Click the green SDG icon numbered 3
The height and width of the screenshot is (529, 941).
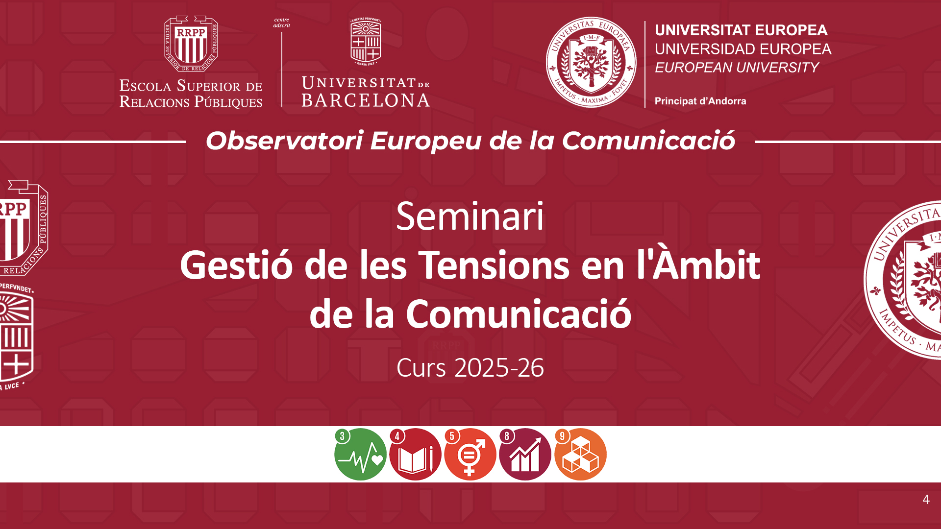click(360, 454)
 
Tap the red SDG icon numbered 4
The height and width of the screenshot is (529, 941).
click(415, 454)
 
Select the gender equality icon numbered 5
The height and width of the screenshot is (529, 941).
click(470, 454)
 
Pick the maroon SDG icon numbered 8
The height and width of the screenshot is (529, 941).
click(525, 454)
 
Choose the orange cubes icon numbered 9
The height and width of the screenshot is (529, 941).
click(580, 454)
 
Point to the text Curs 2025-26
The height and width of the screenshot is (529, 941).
click(470, 367)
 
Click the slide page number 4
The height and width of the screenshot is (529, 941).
click(926, 499)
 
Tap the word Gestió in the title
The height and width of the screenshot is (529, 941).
click(236, 264)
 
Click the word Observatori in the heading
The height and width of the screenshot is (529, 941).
click(284, 141)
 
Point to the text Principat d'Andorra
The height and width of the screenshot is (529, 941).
click(700, 101)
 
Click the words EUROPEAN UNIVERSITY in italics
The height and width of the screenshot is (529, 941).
click(737, 68)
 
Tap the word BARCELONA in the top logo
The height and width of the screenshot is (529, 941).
click(366, 100)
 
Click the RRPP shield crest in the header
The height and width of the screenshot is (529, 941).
click(191, 44)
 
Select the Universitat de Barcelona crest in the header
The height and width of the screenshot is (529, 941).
click(366, 42)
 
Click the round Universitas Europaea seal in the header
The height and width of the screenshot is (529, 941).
click(591, 62)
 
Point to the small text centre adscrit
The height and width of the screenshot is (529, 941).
click(282, 23)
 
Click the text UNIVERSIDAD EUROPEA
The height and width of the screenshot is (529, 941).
click(743, 49)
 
